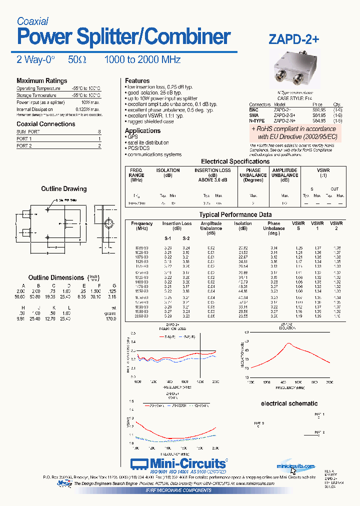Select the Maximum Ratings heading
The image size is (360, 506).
(x=41, y=81)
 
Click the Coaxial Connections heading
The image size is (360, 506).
(x=46, y=124)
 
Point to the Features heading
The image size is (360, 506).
(x=137, y=80)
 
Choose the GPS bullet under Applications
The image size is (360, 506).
(x=132, y=136)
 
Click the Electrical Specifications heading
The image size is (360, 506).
(x=235, y=161)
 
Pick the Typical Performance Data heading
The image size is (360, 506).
(x=235, y=214)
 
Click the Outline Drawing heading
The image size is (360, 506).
(x=63, y=189)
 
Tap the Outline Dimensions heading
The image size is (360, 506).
(x=56, y=277)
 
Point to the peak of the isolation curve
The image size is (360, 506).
(x=288, y=344)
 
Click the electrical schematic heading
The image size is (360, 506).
(x=289, y=403)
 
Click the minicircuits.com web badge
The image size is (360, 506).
(x=296, y=465)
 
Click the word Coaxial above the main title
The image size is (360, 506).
(x=32, y=21)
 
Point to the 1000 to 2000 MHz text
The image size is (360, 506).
(x=142, y=59)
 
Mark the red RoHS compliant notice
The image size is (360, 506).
(x=294, y=132)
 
